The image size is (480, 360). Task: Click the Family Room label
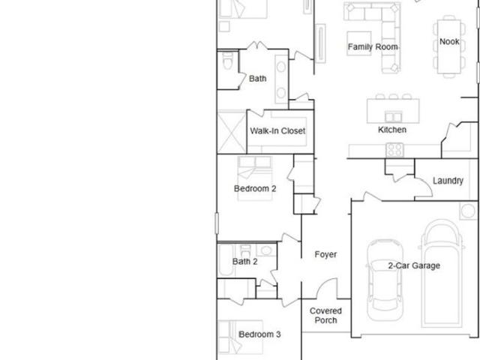[x=373, y=46]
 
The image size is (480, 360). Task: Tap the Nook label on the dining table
[x=449, y=41]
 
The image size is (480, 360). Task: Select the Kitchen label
[x=392, y=130]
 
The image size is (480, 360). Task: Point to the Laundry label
[x=448, y=181]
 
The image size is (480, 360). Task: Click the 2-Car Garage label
[x=414, y=265]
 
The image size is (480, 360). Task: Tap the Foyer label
[x=325, y=254]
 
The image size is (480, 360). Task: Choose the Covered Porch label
[x=325, y=316]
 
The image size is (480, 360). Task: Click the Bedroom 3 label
[x=259, y=334]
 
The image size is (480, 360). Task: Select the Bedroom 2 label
[x=255, y=188]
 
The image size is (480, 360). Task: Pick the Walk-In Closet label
[x=277, y=131]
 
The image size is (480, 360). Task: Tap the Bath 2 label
[x=245, y=262]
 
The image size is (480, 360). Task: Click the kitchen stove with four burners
[x=394, y=150]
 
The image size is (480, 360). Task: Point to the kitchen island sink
[x=393, y=117]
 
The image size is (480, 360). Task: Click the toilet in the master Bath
[x=227, y=61]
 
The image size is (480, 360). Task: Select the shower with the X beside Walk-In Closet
[x=232, y=132]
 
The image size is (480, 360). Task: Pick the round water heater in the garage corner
[x=468, y=211]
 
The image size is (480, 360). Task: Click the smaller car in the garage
[x=385, y=280]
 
